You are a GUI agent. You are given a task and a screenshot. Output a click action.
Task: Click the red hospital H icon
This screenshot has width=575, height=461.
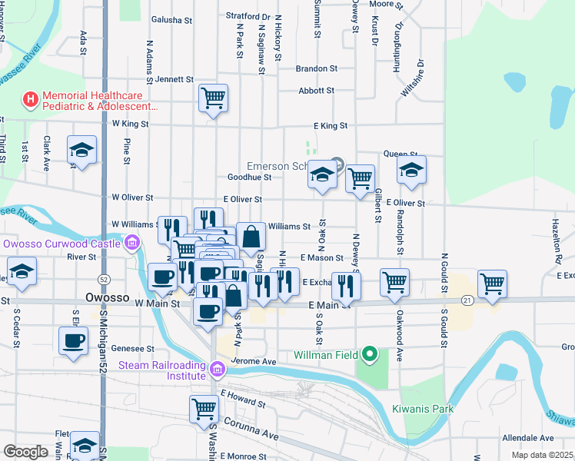point(30,99)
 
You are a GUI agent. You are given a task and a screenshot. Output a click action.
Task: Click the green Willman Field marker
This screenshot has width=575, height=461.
point(370,355)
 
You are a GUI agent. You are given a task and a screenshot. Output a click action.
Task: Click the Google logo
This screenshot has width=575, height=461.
point(25,452)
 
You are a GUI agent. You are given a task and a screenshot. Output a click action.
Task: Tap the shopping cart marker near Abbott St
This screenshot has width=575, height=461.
point(213,98)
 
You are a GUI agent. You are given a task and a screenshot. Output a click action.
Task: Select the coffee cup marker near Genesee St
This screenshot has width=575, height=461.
point(74,341)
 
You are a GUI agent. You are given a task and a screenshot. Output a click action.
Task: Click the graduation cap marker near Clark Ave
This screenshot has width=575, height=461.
point(81,151)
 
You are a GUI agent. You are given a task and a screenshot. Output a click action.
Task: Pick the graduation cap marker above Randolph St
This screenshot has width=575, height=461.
point(411,170)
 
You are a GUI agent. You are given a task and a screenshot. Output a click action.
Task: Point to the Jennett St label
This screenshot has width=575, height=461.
point(174,79)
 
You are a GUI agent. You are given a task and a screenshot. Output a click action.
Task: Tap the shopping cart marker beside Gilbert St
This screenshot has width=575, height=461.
point(359,179)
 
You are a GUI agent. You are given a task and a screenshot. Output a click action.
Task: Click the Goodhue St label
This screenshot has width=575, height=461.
point(250,177)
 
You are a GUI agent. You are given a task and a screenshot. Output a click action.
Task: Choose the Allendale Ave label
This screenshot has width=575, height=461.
point(528,438)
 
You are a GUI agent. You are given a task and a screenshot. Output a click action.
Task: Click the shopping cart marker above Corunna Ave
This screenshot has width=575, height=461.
point(204,408)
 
